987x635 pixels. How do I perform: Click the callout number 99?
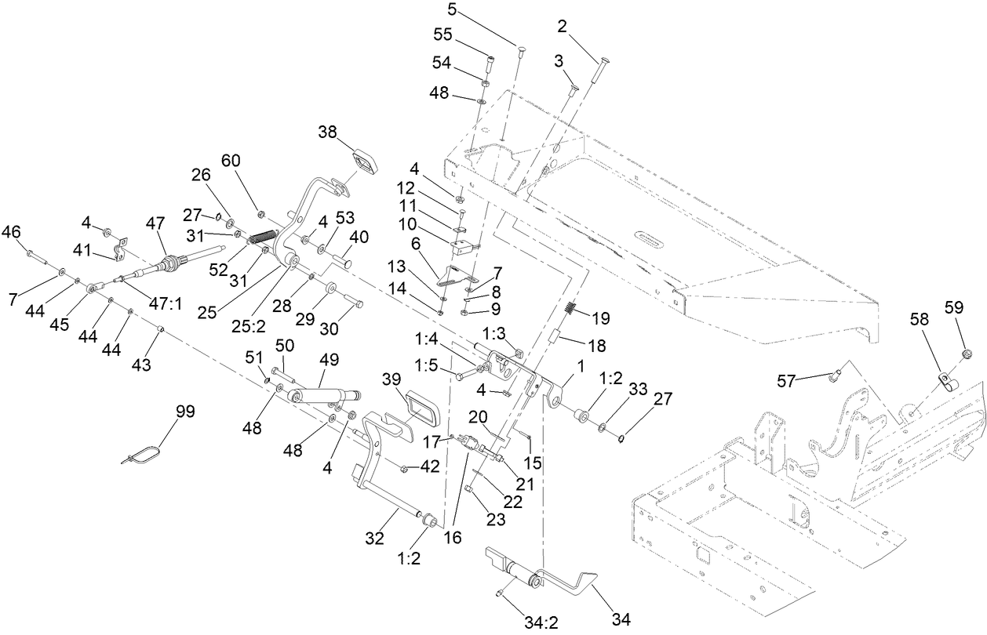point(185,412)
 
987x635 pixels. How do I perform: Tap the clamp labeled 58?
point(950,382)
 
